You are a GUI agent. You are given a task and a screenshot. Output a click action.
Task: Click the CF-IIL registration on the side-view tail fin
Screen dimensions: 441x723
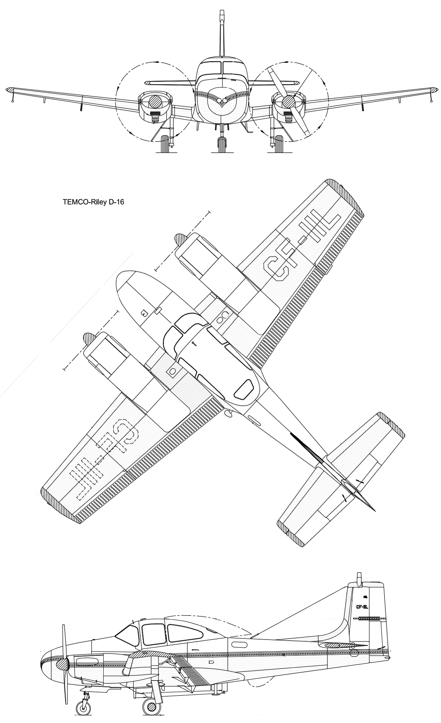click(363, 607)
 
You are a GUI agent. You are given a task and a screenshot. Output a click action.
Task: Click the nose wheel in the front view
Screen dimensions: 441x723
click(220, 145)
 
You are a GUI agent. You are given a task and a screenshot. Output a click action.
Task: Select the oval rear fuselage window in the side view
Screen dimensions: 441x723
click(240, 644)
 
